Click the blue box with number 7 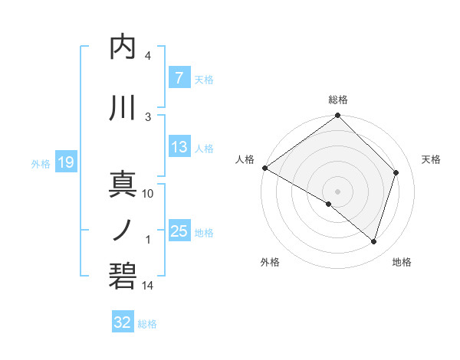click(x=179, y=77)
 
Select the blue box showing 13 click(x=179, y=147)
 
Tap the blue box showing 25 click(x=179, y=231)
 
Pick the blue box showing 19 click(x=65, y=162)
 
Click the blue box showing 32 click(x=123, y=322)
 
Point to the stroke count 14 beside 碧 click(x=148, y=286)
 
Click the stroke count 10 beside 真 click(x=148, y=194)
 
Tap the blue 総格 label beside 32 click(x=147, y=324)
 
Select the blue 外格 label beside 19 click(x=41, y=163)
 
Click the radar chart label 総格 click(x=338, y=100)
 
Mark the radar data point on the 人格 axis click(x=264, y=168)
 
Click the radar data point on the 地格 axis click(x=374, y=242)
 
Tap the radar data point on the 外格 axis click(x=329, y=204)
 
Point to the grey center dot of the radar click(x=337, y=191)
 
